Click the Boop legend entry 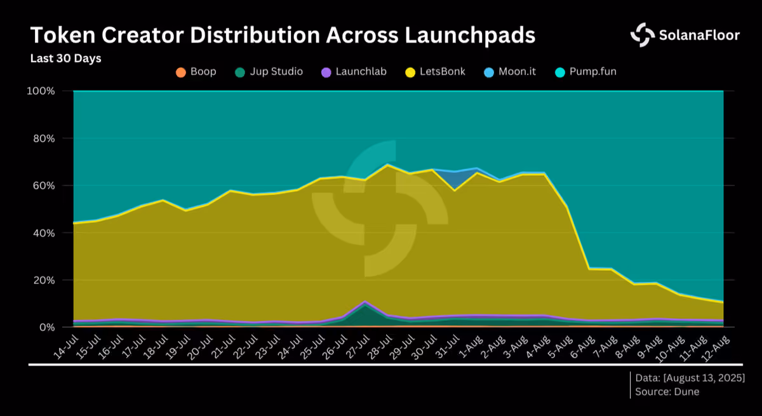coord(196,72)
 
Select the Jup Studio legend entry coord(269,72)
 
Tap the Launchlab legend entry coord(354,72)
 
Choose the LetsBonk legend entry coord(435,72)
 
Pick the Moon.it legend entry coord(509,72)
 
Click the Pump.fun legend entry coord(585,72)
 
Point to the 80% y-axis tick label coord(44,138)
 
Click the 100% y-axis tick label coord(41,91)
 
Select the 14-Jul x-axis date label coord(67,347)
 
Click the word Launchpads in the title coord(470,36)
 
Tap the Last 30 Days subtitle coord(65,58)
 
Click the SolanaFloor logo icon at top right coord(642,35)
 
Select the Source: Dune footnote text coord(667,392)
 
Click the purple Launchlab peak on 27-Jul coord(364,302)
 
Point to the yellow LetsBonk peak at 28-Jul coord(387,165)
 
